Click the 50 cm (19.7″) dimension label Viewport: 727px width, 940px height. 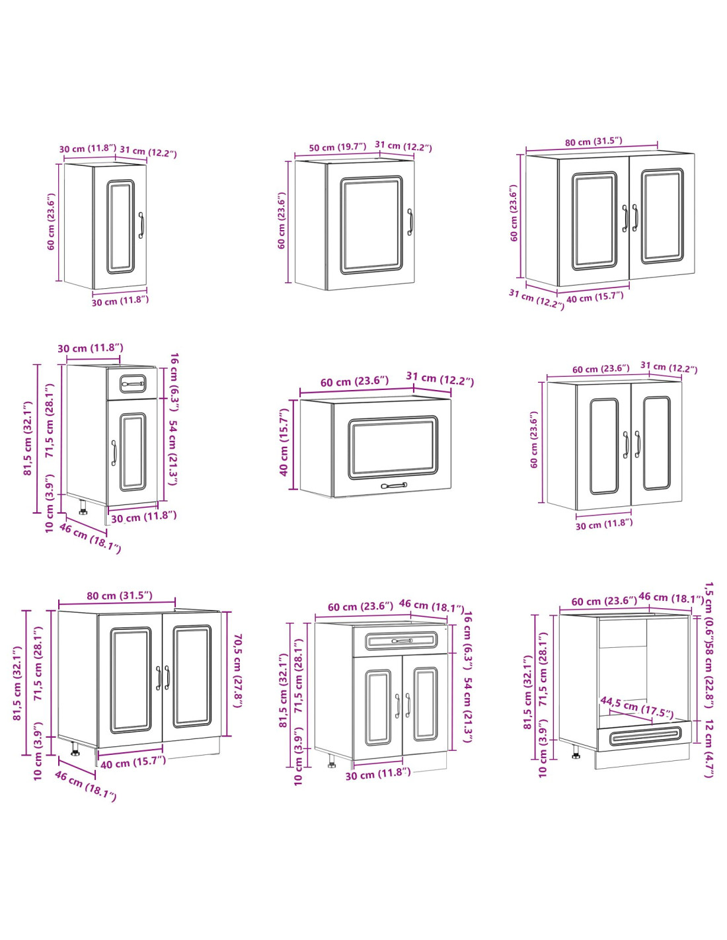click(337, 147)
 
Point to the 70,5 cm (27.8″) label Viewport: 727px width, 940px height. click(239, 671)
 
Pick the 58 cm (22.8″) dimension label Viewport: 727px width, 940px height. click(708, 676)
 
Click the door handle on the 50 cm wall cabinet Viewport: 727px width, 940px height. click(410, 222)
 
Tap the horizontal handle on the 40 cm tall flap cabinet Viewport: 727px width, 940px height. click(393, 486)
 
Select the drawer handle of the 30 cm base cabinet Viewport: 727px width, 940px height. click(132, 383)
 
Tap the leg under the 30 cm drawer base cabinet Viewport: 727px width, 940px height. click(83, 507)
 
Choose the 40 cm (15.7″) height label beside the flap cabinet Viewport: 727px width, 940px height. click(284, 442)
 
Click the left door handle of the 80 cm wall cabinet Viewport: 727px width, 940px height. click(624, 218)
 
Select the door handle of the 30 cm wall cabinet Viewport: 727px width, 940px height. click(141, 225)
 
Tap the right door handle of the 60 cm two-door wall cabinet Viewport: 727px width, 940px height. click(637, 444)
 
